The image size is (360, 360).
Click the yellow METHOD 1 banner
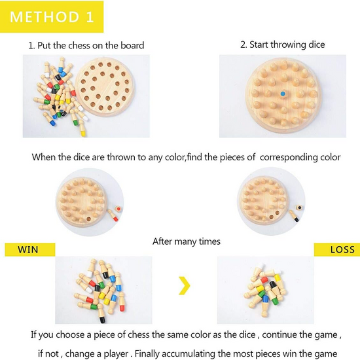click(52, 16)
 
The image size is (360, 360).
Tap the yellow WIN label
click(30, 249)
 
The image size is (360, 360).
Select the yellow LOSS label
click(337, 249)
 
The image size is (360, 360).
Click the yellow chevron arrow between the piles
click(185, 285)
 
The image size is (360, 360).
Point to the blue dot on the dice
click(283, 94)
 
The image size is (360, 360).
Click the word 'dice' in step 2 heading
click(317, 45)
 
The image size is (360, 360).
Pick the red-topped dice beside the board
click(118, 209)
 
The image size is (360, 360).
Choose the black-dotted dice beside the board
click(299, 207)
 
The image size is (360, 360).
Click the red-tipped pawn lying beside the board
click(113, 215)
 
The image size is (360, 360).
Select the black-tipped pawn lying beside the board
click(293, 216)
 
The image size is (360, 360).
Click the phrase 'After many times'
click(187, 242)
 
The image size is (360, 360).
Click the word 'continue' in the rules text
click(280, 334)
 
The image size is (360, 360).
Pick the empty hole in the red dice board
click(88, 219)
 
